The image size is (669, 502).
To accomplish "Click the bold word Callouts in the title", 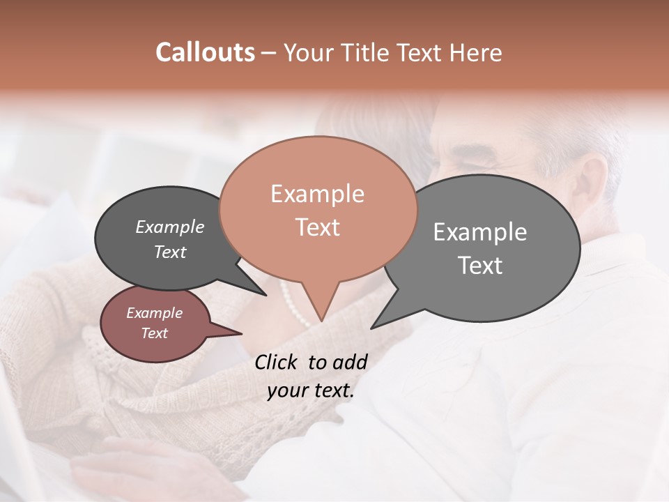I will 205,52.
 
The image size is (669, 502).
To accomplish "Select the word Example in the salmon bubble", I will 317,194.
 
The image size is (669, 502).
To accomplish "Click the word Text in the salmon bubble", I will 317,227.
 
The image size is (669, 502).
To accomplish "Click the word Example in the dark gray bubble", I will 170,227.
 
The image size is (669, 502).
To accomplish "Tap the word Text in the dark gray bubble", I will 170,252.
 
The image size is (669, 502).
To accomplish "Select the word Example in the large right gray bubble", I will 480,231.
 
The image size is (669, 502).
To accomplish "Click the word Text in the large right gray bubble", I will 480,266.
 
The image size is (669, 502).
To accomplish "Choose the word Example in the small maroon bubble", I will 155,313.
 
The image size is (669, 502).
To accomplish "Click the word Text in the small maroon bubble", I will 155,333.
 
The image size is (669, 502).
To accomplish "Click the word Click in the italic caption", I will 277,362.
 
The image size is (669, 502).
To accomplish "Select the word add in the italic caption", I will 350,362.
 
